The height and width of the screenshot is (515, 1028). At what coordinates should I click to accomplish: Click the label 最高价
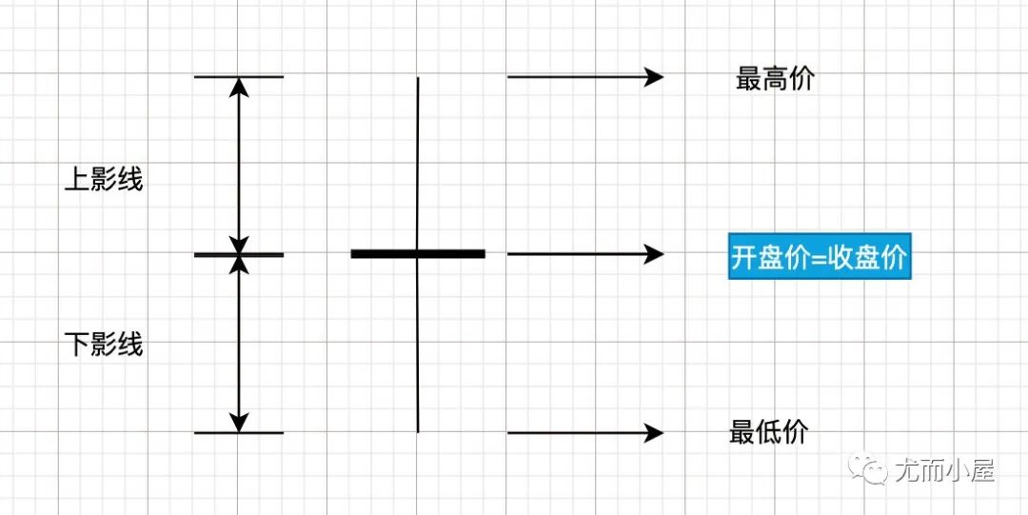tap(775, 79)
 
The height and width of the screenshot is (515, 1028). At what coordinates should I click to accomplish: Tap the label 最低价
tap(769, 432)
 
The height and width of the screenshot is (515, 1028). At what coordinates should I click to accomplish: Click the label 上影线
tap(104, 179)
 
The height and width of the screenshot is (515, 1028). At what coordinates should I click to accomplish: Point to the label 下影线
tap(104, 344)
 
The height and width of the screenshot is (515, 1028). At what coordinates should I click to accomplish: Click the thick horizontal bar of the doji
tap(418, 254)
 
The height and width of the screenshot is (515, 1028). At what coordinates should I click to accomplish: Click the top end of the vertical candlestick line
tap(418, 79)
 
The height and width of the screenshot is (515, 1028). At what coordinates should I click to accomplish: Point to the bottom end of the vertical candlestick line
tap(418, 430)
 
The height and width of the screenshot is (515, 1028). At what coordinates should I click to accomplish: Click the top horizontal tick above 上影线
tap(239, 76)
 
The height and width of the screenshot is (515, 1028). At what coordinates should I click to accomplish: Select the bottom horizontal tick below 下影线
tap(239, 433)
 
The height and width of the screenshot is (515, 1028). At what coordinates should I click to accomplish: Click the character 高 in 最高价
tap(775, 79)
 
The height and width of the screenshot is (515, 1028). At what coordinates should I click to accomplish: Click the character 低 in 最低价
tap(769, 432)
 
